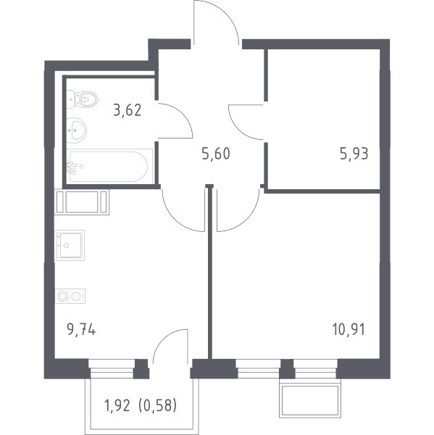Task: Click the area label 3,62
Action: (128, 110)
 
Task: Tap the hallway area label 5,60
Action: (216, 154)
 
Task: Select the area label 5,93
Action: (354, 154)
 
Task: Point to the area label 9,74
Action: (81, 330)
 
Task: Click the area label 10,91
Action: (349, 330)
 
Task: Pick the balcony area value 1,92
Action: (117, 405)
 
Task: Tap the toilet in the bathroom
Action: (83, 99)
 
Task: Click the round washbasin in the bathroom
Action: (77, 130)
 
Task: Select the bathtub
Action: (109, 166)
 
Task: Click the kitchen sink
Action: (70, 245)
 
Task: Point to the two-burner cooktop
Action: (70, 296)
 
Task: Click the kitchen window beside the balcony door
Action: (112, 368)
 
